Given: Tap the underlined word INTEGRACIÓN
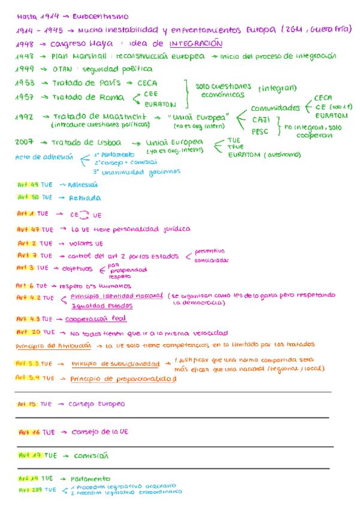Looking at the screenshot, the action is coord(196,44).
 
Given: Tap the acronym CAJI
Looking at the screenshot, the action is coord(261,120).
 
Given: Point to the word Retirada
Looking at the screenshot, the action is coord(85,198).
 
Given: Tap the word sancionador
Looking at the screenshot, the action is coord(211,261).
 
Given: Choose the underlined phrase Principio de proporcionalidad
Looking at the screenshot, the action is coord(123,379).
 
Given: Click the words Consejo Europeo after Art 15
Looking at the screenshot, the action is coord(97,404).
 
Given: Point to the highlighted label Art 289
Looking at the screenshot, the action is coord(29,489).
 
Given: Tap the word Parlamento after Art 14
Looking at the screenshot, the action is coord(90,479).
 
